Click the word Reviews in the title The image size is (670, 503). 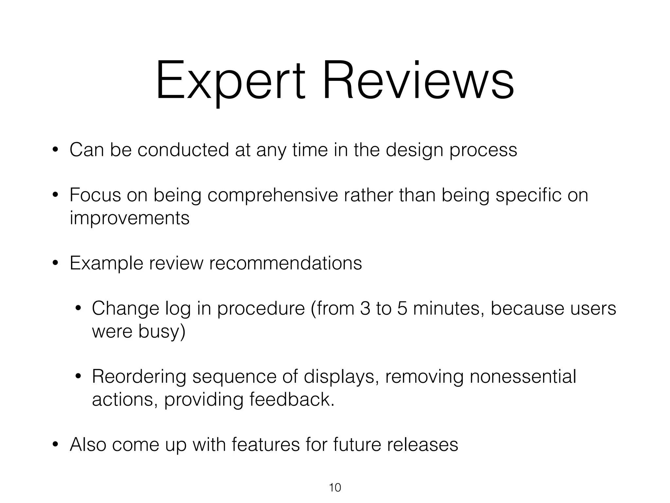click(x=418, y=80)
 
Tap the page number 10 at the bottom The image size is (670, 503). click(x=335, y=488)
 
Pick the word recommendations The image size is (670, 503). click(x=285, y=263)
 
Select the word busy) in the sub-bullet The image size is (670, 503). click(x=162, y=331)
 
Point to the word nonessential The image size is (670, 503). click(x=522, y=376)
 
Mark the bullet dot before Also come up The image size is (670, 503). click(x=55, y=445)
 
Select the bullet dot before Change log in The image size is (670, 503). click(x=78, y=309)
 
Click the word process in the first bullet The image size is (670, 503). click(x=483, y=150)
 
